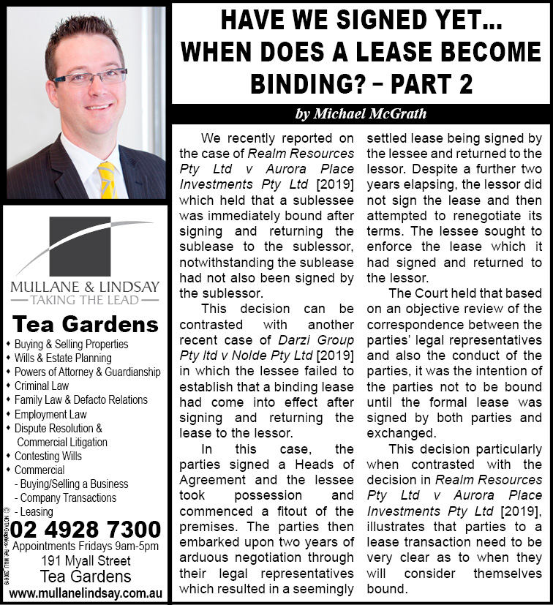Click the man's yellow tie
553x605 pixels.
107,181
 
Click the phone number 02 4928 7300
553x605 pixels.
86,529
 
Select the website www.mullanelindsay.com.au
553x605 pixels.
86,592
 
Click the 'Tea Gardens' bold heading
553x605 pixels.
86,324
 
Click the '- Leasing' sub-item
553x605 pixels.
34,511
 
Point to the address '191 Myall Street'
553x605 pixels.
86,561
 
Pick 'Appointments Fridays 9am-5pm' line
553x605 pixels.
86,546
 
